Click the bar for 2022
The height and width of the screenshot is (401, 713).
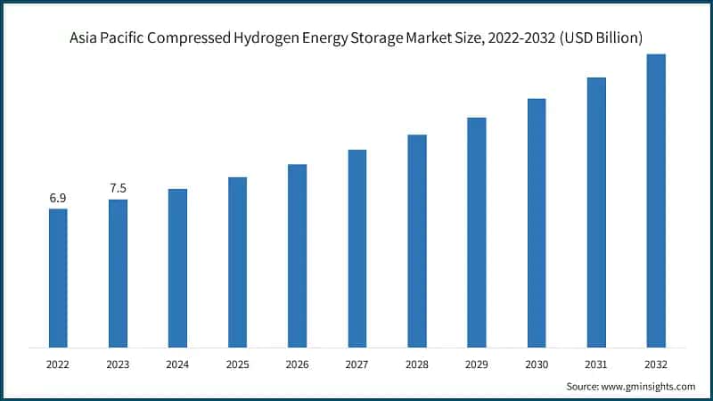click(58, 277)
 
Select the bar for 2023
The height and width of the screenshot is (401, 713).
click(118, 273)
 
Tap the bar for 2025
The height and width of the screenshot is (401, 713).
click(237, 262)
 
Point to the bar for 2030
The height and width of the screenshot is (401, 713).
click(537, 222)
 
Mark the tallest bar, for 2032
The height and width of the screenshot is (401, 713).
click(656, 200)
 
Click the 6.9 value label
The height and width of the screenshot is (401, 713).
click(58, 198)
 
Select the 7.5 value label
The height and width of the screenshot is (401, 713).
click(118, 188)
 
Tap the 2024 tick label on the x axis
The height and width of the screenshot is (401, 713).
click(177, 364)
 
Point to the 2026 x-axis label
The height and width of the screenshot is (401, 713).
click(297, 364)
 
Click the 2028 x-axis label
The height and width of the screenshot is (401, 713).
click(416, 364)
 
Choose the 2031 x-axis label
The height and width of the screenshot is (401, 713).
click(596, 364)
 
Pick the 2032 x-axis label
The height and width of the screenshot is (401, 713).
click(656, 364)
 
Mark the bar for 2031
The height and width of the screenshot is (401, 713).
click(596, 212)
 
